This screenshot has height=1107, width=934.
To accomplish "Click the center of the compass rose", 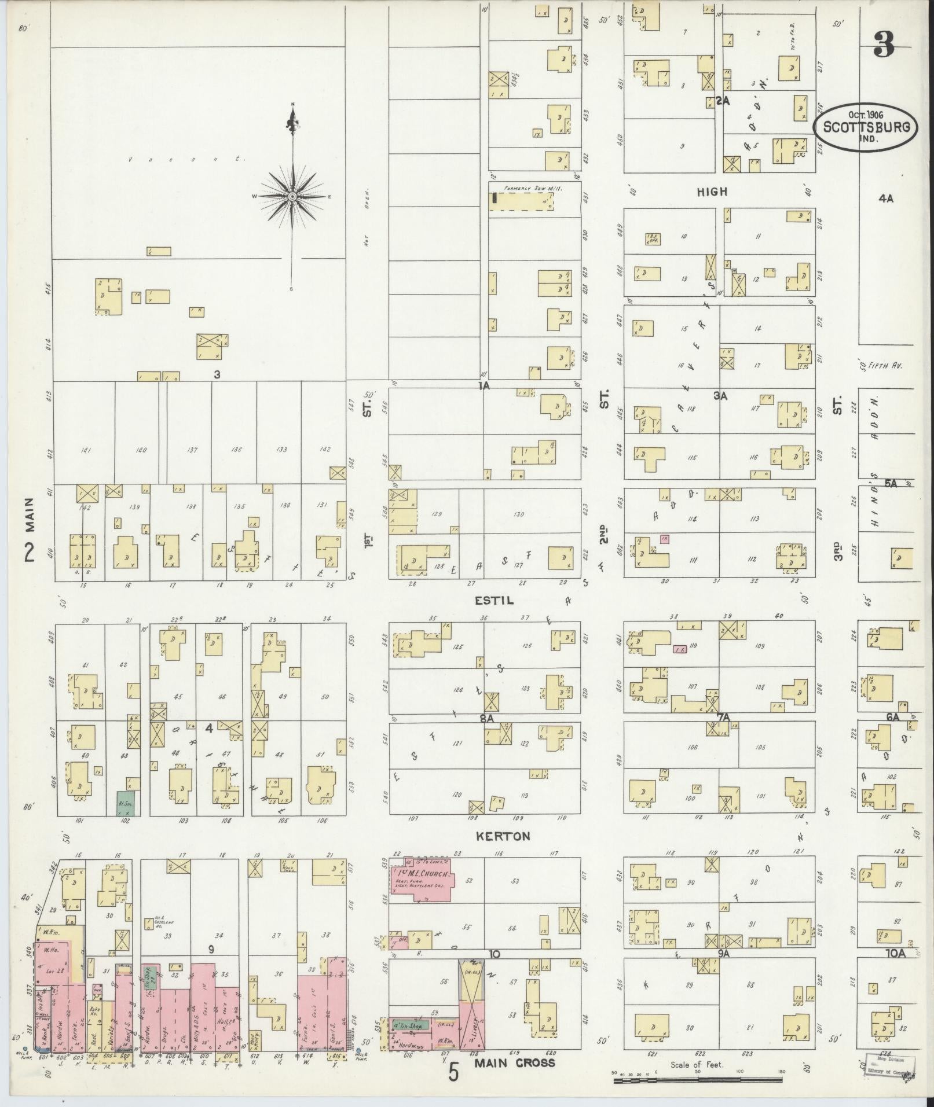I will [x=293, y=197].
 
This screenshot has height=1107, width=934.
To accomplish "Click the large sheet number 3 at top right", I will [x=884, y=44].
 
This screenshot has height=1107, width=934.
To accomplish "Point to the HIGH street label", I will [x=712, y=192].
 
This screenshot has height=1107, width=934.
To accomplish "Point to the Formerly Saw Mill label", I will [x=533, y=188].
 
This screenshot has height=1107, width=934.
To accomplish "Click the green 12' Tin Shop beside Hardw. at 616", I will [x=410, y=1025].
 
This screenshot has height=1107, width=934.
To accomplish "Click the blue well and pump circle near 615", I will [x=360, y=1051].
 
